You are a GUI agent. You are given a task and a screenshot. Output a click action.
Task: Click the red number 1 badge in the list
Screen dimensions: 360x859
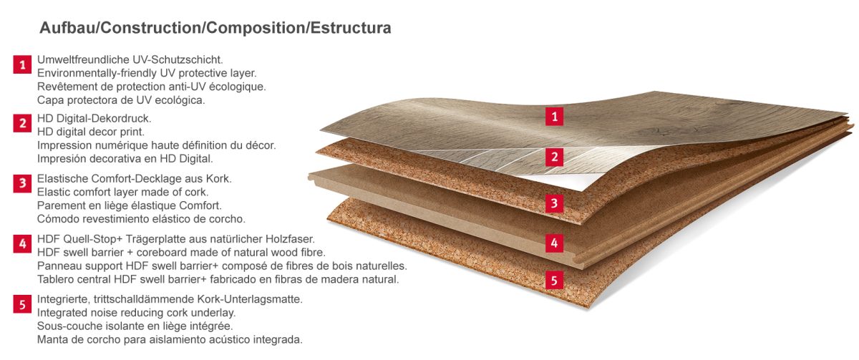coord(21,66)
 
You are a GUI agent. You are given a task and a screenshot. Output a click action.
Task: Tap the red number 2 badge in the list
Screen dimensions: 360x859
coord(21,124)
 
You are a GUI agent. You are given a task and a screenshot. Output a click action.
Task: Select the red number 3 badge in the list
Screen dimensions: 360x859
coord(21,183)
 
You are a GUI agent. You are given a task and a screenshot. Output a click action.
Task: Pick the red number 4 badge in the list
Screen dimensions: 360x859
coord(21,244)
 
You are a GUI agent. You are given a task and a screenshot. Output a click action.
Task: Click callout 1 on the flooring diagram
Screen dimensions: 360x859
coord(554,115)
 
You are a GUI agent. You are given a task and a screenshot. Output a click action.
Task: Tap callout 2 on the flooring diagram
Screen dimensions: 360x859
coord(554,157)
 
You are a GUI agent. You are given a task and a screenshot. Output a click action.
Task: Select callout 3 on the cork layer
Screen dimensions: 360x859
coord(554,203)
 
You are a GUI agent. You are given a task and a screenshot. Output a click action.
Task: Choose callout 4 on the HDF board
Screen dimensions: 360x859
coord(554,243)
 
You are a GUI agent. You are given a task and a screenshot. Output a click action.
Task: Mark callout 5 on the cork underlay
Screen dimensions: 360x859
coord(554,280)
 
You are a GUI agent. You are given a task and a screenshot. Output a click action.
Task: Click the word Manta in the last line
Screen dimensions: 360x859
coord(52,339)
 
